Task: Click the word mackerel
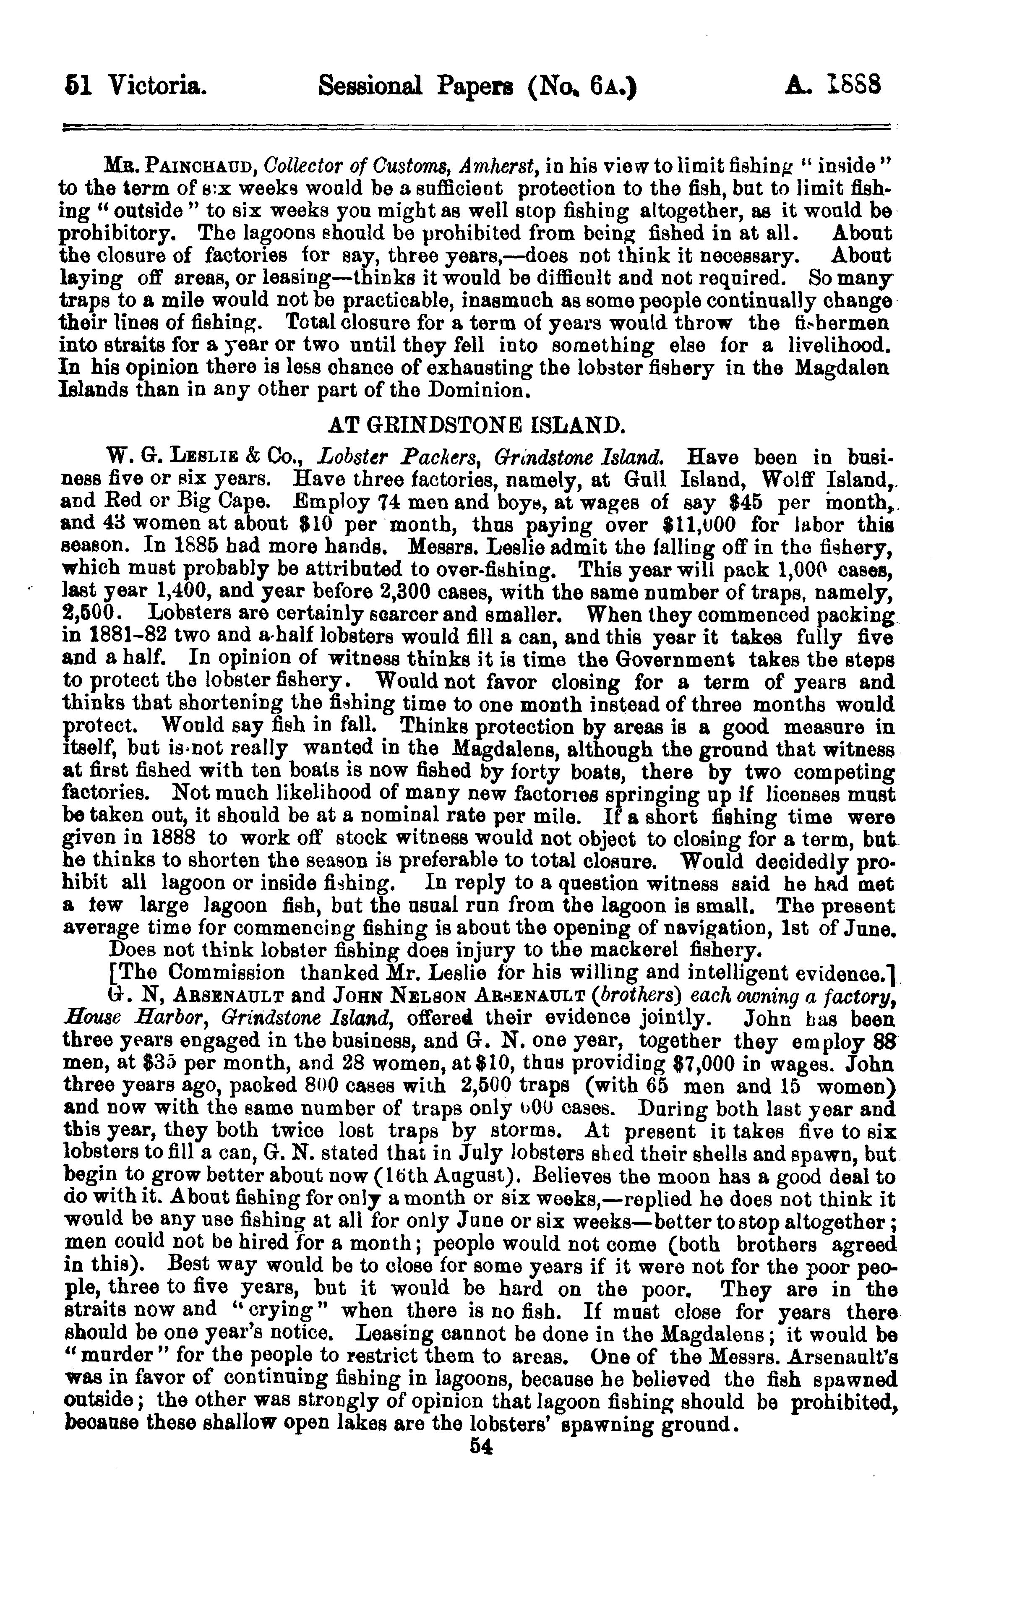[626, 952]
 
